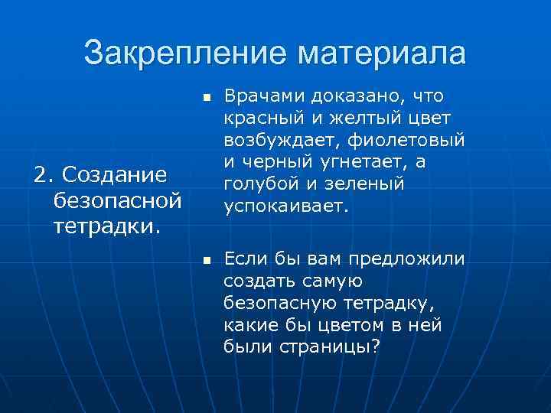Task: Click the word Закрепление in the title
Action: (x=184, y=53)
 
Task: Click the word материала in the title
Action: (x=382, y=53)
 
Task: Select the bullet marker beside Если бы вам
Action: (x=205, y=262)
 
